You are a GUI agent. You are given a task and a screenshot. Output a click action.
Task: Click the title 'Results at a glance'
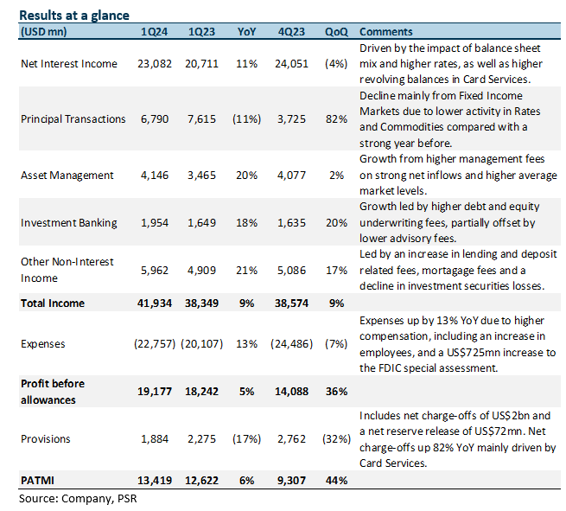point(74,16)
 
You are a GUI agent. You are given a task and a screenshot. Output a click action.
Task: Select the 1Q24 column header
point(154,32)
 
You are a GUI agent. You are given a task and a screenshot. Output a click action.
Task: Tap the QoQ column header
point(336,32)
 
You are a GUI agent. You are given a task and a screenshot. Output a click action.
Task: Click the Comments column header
point(386,32)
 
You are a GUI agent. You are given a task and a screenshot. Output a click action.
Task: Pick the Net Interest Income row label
point(69,64)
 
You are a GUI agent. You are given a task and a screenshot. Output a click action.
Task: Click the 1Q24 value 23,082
point(155,64)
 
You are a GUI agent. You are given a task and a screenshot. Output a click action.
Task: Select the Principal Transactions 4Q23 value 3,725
point(291,119)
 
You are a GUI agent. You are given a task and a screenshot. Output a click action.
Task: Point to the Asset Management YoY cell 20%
point(246,176)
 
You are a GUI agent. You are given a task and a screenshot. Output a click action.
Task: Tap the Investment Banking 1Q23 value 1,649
point(201,223)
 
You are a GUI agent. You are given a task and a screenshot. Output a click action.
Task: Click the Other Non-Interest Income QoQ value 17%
point(336,271)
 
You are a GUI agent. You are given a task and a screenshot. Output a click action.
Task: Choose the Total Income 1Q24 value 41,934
point(155,303)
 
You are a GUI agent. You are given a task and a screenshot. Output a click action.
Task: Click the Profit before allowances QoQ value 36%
point(336,392)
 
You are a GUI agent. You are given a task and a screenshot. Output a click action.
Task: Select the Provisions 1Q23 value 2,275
point(201,439)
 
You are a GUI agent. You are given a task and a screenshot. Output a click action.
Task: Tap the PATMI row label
point(37,481)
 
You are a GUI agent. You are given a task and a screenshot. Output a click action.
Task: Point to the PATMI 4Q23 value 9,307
point(291,481)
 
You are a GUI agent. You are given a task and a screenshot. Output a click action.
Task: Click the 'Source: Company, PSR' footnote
point(78,499)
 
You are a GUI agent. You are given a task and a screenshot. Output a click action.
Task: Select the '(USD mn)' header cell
point(44,32)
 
